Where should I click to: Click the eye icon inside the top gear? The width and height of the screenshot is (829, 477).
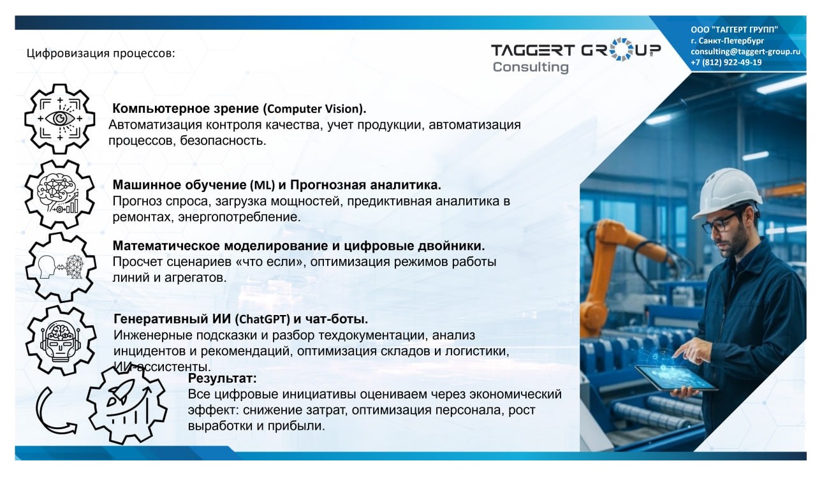tap(60, 118)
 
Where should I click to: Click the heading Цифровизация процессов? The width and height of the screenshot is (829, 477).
tap(101, 53)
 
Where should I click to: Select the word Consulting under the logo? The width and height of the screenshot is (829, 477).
tap(530, 67)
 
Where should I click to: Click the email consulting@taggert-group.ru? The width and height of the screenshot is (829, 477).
tap(745, 52)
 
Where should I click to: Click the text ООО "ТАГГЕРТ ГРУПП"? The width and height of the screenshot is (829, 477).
tap(734, 29)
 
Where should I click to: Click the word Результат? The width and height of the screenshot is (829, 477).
tap(222, 379)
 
